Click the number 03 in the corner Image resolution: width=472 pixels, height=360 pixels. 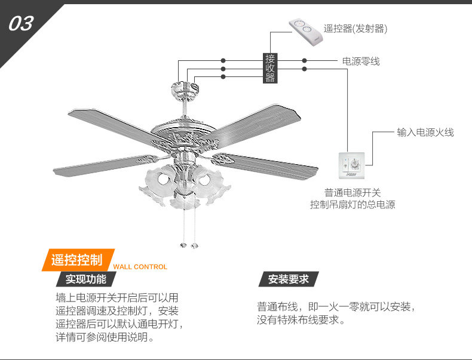click(x=21, y=24)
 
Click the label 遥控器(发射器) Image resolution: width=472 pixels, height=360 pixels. click(x=355, y=28)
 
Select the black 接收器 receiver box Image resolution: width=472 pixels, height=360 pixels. click(x=270, y=67)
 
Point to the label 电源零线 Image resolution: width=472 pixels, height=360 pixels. click(x=360, y=61)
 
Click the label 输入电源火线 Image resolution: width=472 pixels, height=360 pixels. click(x=425, y=133)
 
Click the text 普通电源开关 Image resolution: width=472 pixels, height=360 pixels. click(x=353, y=193)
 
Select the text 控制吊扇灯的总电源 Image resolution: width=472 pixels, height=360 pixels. click(x=353, y=205)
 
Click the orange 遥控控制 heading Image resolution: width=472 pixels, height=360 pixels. click(x=76, y=260)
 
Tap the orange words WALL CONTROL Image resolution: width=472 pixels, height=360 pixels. click(x=140, y=267)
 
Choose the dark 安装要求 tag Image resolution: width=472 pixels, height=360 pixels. click(x=289, y=279)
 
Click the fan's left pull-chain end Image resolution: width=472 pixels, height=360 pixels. click(x=181, y=245)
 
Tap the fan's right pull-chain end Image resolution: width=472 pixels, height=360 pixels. click(x=194, y=245)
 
